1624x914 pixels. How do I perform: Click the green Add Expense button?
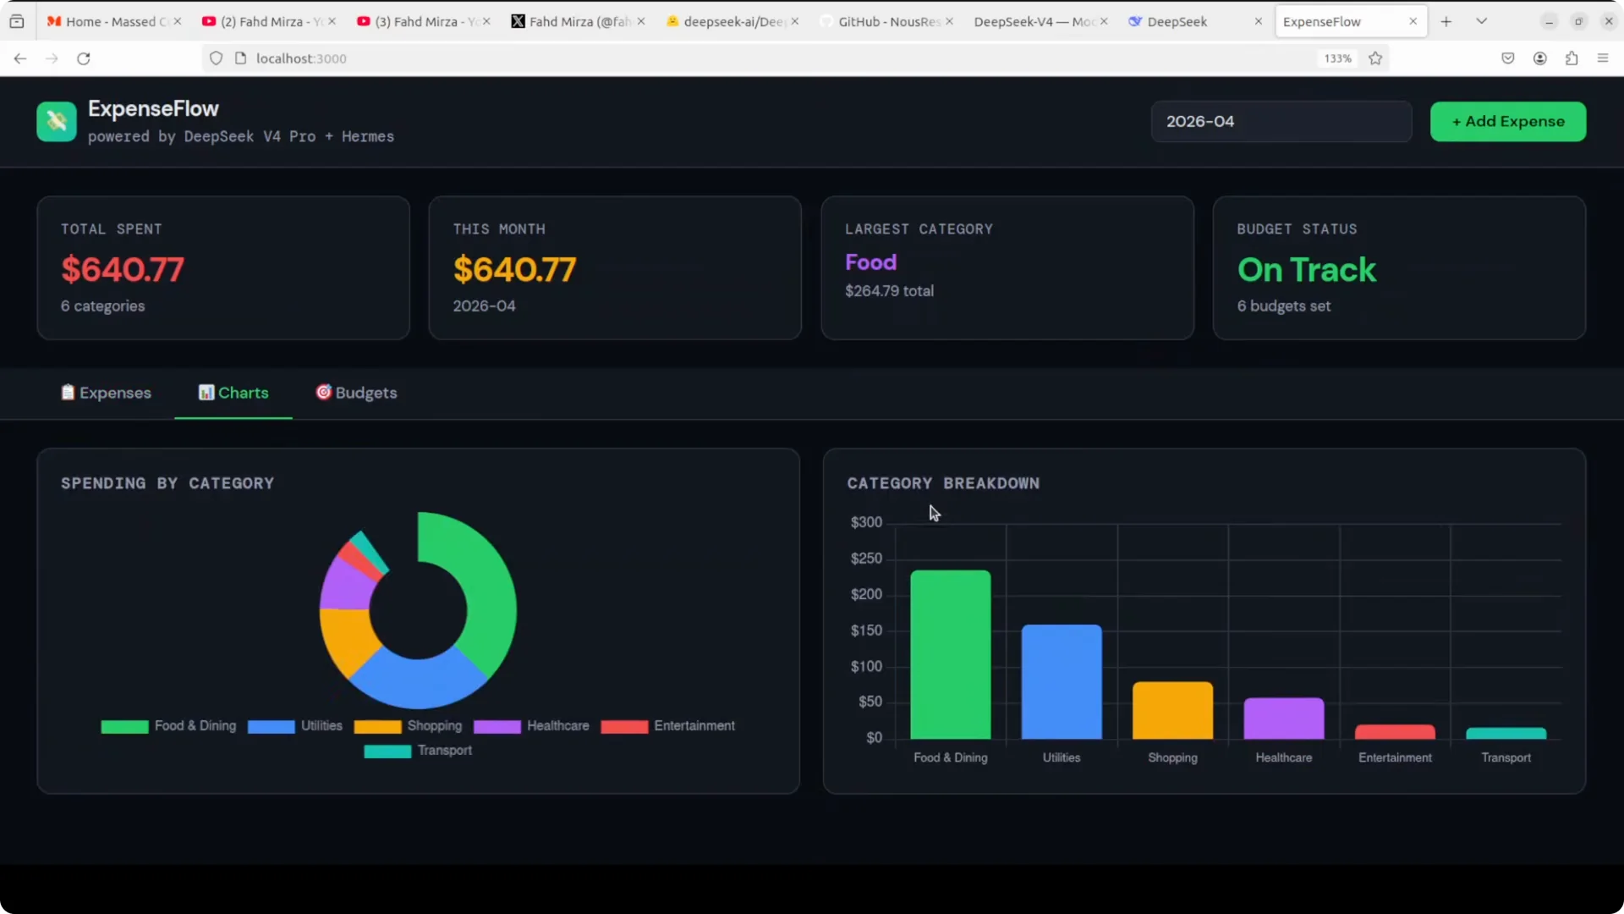click(x=1507, y=121)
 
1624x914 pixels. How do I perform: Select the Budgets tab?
click(x=356, y=393)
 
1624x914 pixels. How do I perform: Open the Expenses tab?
click(x=106, y=393)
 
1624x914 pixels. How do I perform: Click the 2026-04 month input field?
click(x=1281, y=121)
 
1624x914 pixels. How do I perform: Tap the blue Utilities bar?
click(x=1062, y=682)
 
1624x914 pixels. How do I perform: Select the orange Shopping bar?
click(x=1172, y=711)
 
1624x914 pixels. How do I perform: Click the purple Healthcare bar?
click(x=1283, y=719)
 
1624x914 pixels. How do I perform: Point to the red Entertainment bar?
click(x=1395, y=732)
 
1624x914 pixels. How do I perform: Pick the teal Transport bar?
click(x=1506, y=734)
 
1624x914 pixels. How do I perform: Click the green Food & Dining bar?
click(x=950, y=655)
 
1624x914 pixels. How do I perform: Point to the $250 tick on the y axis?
click(x=866, y=559)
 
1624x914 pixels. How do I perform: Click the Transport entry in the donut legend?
click(x=418, y=751)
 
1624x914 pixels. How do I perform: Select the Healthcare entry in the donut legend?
click(x=531, y=726)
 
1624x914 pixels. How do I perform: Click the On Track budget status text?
click(x=1307, y=270)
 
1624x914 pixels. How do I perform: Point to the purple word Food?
click(x=870, y=262)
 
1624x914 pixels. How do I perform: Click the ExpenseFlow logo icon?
click(x=57, y=121)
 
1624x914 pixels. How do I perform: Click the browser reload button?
click(x=84, y=58)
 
